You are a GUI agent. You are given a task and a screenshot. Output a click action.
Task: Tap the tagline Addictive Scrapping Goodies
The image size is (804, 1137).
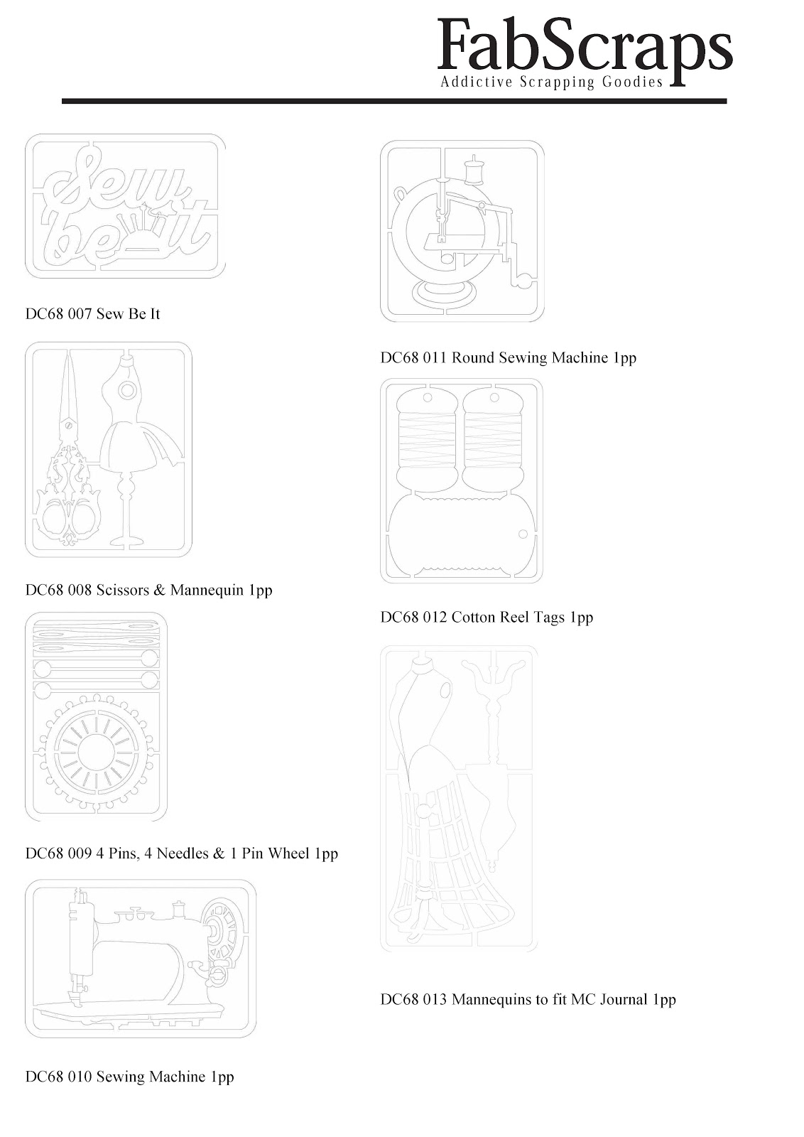click(x=552, y=82)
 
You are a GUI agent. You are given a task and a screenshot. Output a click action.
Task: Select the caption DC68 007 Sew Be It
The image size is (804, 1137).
click(x=93, y=313)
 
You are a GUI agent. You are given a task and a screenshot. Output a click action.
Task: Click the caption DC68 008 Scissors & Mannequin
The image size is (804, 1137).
click(x=148, y=590)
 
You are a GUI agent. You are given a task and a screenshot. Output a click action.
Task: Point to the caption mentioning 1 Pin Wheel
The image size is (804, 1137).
click(x=182, y=853)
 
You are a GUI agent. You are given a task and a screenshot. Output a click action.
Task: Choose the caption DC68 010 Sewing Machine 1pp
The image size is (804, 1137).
click(x=130, y=1077)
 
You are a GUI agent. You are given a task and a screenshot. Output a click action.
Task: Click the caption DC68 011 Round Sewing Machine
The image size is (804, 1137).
click(x=509, y=357)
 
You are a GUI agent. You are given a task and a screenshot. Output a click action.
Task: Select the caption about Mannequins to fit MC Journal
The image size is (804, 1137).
click(x=528, y=999)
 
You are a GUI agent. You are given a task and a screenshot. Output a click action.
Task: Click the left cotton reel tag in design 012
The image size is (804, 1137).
click(x=428, y=441)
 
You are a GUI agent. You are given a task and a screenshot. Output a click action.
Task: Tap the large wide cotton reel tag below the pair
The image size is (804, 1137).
click(x=460, y=535)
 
